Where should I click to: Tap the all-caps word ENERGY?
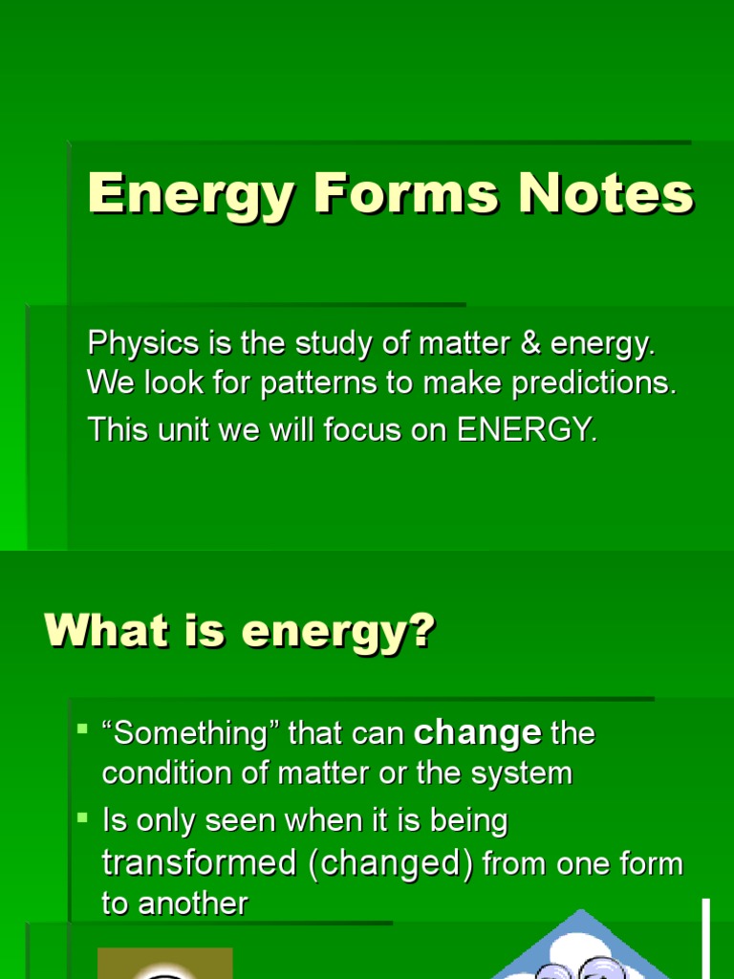pos(527,429)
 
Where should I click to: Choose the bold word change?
pos(478,733)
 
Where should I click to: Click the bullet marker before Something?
pos(82,729)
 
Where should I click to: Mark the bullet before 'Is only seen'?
pos(82,817)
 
